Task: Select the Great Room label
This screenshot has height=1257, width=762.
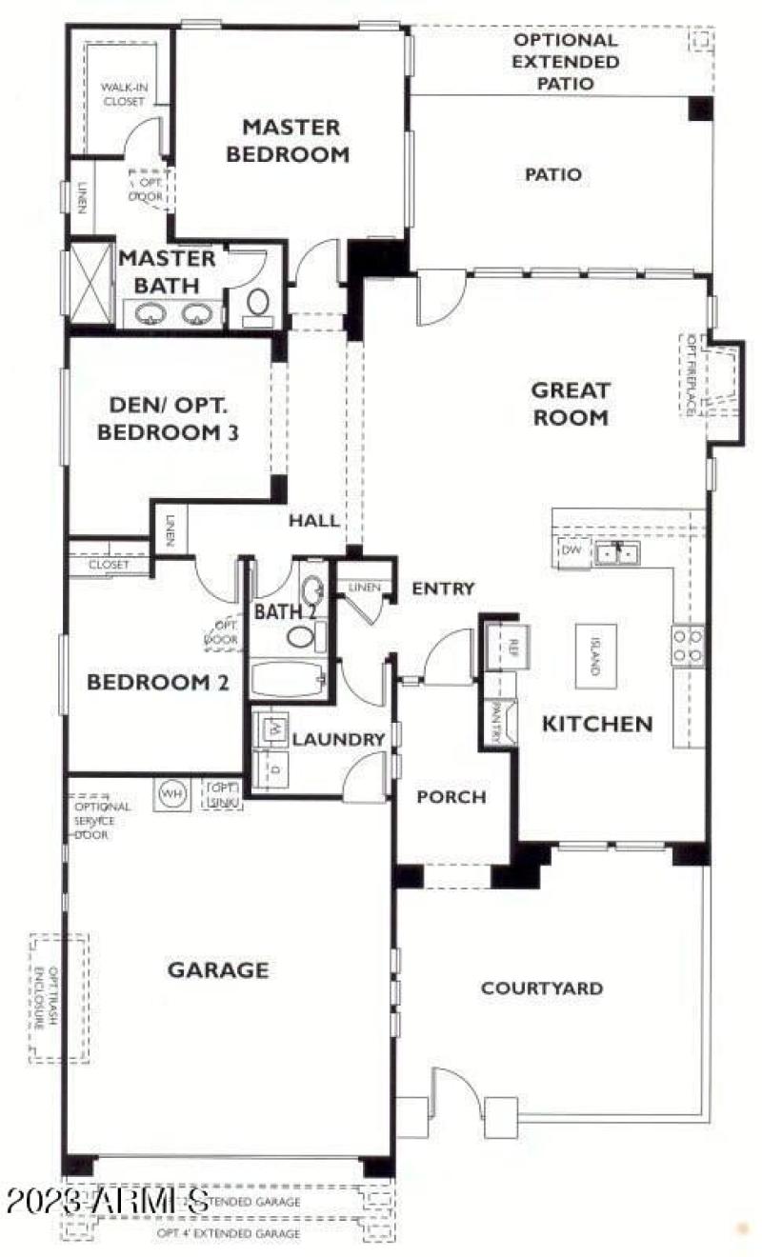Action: pyautogui.click(x=570, y=403)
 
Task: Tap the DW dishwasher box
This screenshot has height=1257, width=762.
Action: pyautogui.click(x=571, y=551)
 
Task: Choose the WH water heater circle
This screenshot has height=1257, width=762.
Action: pyautogui.click(x=171, y=792)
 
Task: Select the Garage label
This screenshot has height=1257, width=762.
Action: pyautogui.click(x=218, y=970)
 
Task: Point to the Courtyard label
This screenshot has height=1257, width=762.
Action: pyautogui.click(x=541, y=988)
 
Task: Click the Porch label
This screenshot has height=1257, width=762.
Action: pyautogui.click(x=451, y=797)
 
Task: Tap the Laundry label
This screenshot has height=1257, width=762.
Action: pyautogui.click(x=325, y=739)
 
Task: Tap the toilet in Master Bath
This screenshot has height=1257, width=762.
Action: pyautogui.click(x=257, y=304)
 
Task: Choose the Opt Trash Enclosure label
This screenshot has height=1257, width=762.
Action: pyautogui.click(x=60, y=997)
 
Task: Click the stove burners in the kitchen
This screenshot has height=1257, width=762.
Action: pyautogui.click(x=689, y=645)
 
